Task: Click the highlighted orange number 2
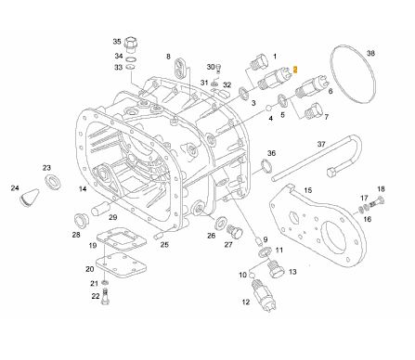click(x=295, y=70)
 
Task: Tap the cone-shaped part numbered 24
click(x=30, y=198)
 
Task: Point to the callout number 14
click(x=83, y=188)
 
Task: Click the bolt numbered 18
click(x=377, y=203)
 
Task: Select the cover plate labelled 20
click(x=121, y=265)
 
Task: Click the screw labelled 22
click(x=106, y=296)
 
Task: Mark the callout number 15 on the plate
click(x=307, y=190)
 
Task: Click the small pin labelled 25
click(x=159, y=236)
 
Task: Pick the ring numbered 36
click(x=266, y=165)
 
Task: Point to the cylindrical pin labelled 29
click(x=100, y=208)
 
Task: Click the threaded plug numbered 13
click(x=276, y=269)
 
